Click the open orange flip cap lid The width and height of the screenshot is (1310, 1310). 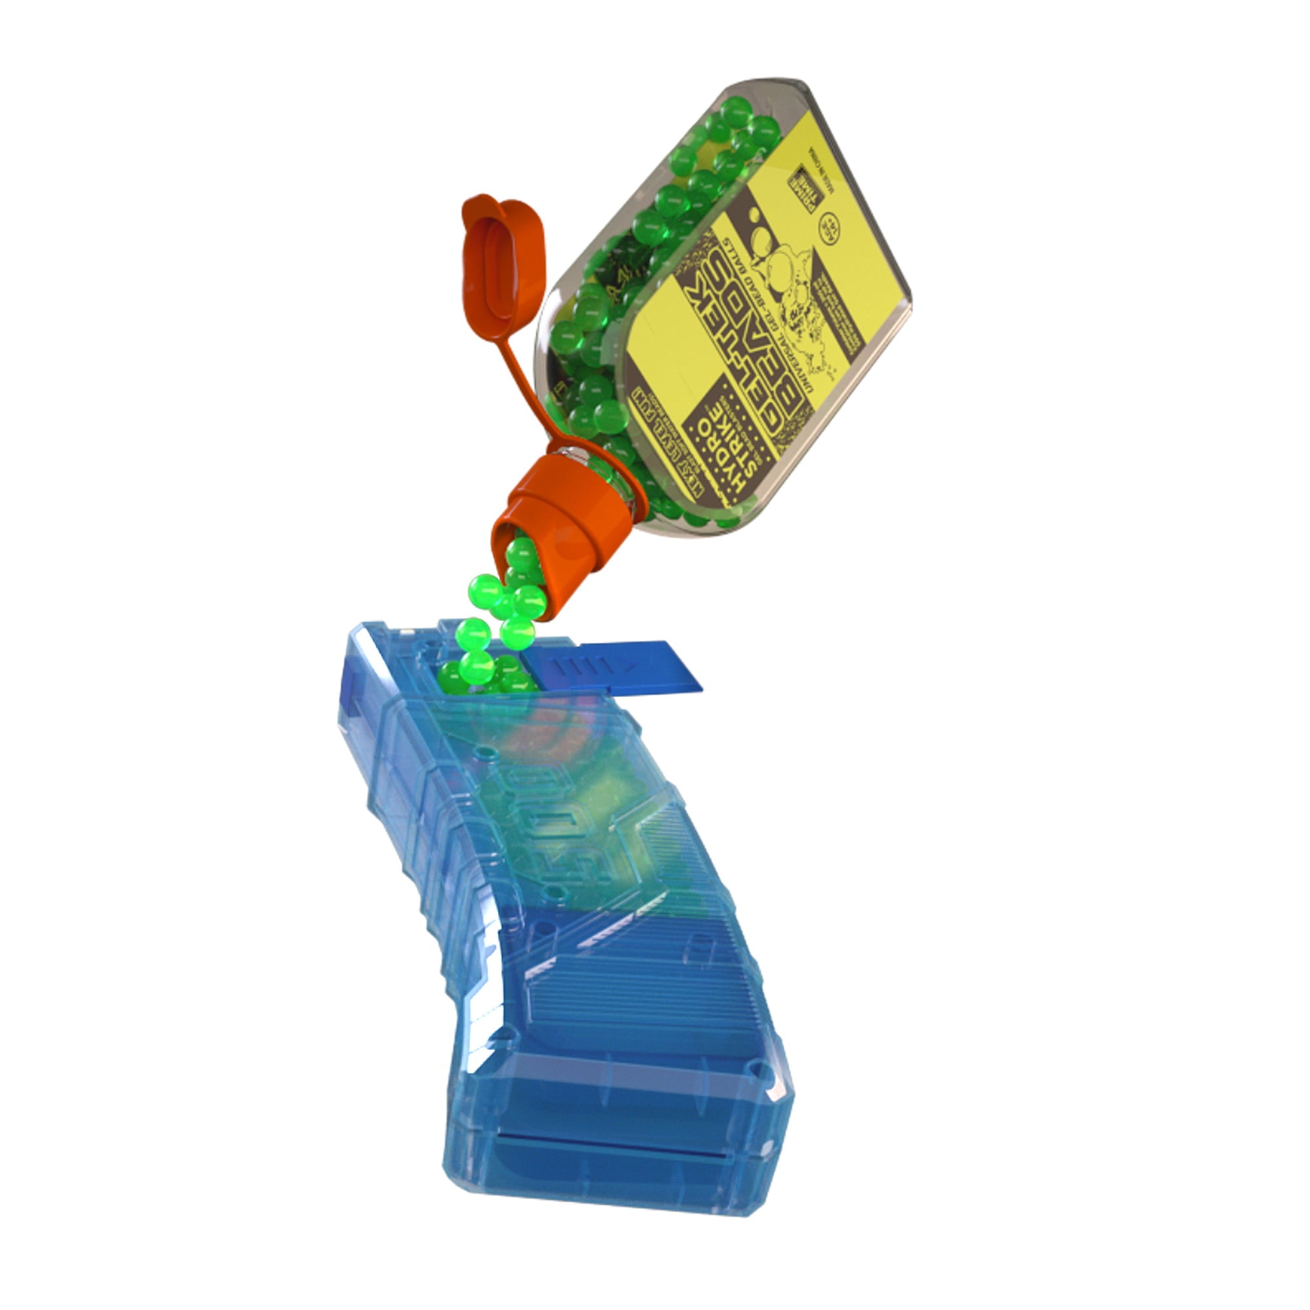point(504,265)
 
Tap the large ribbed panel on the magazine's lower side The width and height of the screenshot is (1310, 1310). point(651,997)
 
